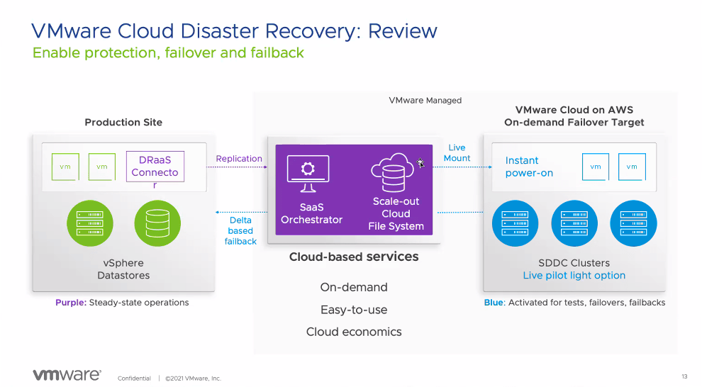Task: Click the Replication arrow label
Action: [239, 159]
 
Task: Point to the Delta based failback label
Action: [240, 231]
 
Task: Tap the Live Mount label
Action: [457, 153]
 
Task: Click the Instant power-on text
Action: [528, 167]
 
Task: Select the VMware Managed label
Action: [425, 101]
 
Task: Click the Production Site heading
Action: [123, 122]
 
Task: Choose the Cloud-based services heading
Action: [354, 257]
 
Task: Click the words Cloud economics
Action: [354, 332]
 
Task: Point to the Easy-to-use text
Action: [354, 310]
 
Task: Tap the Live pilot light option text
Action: [574, 275]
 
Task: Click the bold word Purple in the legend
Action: [70, 303]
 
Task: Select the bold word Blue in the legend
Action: [494, 303]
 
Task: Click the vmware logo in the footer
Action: [67, 375]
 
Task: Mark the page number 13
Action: [684, 376]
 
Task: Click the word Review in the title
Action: [403, 31]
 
